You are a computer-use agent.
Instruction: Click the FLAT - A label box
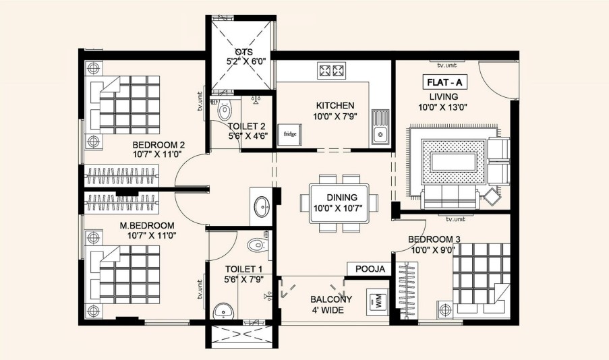tap(444, 82)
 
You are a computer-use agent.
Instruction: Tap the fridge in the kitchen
tap(290, 134)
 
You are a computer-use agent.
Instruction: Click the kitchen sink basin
tap(380, 135)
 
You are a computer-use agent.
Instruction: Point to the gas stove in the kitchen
tap(331, 71)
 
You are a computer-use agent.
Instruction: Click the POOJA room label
tap(370, 269)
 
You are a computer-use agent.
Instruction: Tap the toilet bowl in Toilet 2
tap(224, 110)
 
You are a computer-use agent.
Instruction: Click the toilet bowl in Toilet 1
tap(256, 245)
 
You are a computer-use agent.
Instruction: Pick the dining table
tap(339, 203)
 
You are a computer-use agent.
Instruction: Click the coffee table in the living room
tap(454, 162)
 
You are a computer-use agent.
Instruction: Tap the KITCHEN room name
tap(335, 105)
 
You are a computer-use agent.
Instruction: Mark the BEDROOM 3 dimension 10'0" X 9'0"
tap(433, 249)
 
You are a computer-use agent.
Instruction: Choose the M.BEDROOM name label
tap(147, 225)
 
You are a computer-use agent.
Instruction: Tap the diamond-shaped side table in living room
tap(492, 197)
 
